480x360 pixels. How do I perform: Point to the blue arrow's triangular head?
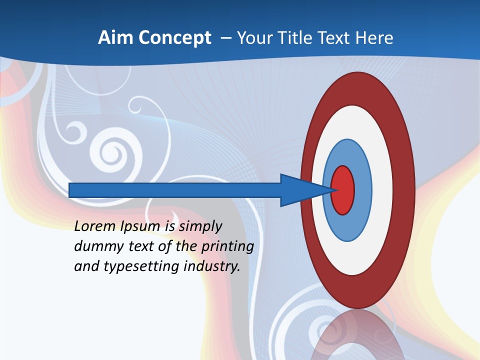pos(300,190)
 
